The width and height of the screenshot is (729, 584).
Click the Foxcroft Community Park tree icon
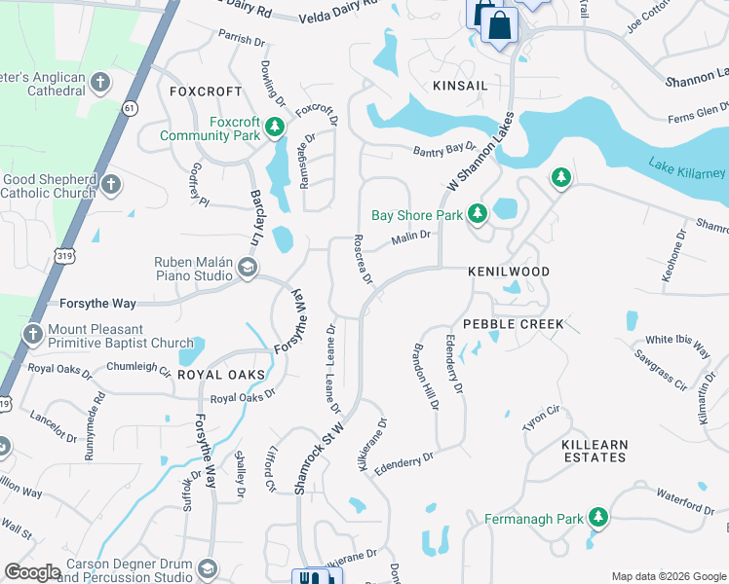click(x=275, y=128)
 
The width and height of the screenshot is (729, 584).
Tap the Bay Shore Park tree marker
click(x=477, y=213)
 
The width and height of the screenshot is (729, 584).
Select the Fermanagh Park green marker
click(x=595, y=518)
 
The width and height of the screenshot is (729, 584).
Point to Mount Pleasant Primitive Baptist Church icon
click(x=32, y=336)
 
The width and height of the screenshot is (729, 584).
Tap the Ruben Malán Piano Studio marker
click(x=248, y=269)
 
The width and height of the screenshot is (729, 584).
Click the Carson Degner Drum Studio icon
click(x=207, y=569)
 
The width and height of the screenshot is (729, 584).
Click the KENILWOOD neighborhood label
click(x=509, y=272)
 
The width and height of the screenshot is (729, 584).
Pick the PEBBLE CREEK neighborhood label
click(x=513, y=323)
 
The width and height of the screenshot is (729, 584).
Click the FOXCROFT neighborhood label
click(x=205, y=91)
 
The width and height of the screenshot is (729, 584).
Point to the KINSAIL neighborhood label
click(x=460, y=86)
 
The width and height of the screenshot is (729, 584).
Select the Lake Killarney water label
click(x=686, y=172)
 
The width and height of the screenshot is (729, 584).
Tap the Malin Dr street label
click(x=410, y=238)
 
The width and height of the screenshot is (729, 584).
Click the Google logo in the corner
click(x=32, y=572)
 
